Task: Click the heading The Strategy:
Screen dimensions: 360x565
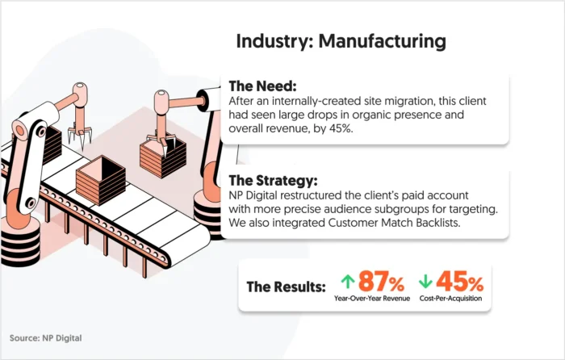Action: coord(273,180)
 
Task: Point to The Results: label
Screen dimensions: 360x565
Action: coord(286,287)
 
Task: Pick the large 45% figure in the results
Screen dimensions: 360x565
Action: coord(461,283)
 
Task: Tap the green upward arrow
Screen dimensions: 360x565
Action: coord(348,283)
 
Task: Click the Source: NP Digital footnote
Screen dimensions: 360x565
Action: coord(46,337)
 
